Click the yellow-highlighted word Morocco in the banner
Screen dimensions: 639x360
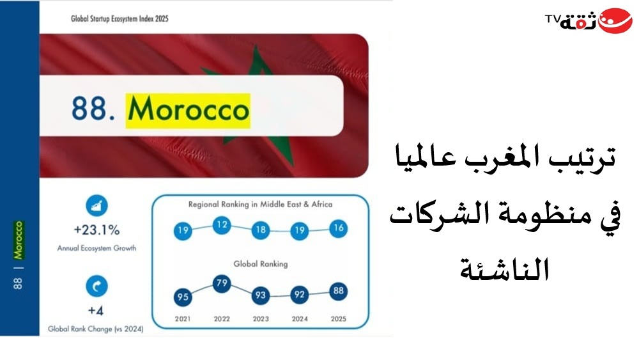pyautogui.click(x=188, y=111)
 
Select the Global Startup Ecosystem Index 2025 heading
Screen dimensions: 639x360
pyautogui.click(x=119, y=19)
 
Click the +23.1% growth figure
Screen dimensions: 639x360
pyautogui.click(x=96, y=230)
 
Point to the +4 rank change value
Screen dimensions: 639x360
pyautogui.click(x=96, y=311)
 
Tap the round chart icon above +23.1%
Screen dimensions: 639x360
pyautogui.click(x=96, y=205)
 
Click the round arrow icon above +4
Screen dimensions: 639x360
pyautogui.click(x=96, y=286)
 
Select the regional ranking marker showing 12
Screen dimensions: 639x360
pyautogui.click(x=222, y=224)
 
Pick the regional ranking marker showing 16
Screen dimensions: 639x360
pyautogui.click(x=338, y=228)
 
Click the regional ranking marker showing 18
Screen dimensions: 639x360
pyautogui.click(x=261, y=230)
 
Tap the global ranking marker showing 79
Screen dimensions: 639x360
pyautogui.click(x=222, y=283)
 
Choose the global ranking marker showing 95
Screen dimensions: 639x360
pyautogui.click(x=183, y=297)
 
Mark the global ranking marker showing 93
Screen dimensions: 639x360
pyautogui.click(x=261, y=295)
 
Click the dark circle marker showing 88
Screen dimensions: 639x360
pyautogui.click(x=338, y=291)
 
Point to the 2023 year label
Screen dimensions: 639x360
pyautogui.click(x=261, y=319)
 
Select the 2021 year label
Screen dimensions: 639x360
pyautogui.click(x=183, y=319)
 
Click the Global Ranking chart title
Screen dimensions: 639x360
pyautogui.click(x=261, y=264)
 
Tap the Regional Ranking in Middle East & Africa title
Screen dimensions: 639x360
pyautogui.click(x=261, y=204)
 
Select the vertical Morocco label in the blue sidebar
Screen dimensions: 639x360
pyautogui.click(x=19, y=240)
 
